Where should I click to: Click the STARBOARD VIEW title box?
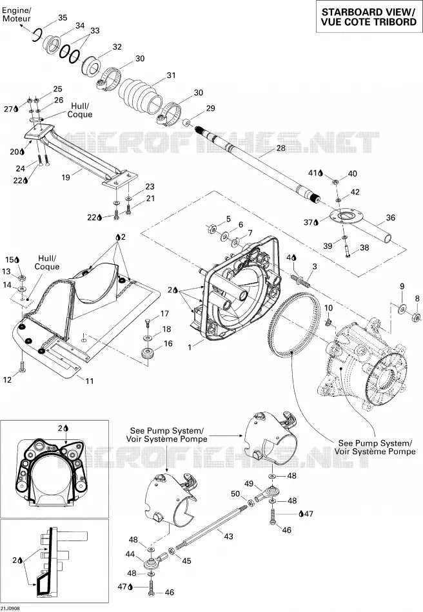click(369, 17)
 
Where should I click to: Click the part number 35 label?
click(63, 17)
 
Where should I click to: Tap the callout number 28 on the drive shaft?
click(281, 148)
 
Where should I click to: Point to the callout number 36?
click(391, 218)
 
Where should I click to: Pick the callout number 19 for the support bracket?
click(66, 177)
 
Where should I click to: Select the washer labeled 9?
click(402, 309)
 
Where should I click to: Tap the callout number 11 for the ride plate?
click(90, 381)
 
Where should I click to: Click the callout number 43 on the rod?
click(228, 536)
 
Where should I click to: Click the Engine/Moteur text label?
click(16, 14)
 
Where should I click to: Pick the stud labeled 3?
click(301, 280)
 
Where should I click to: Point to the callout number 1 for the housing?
click(190, 346)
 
